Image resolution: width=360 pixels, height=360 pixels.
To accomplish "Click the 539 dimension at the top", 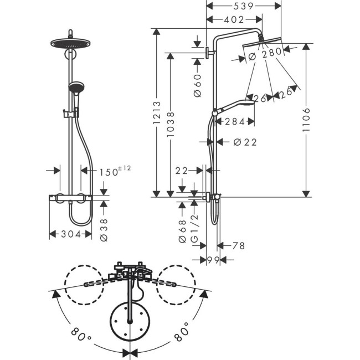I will click(x=243, y=6).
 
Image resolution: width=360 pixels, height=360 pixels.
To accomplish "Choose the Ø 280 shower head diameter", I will click(x=265, y=53).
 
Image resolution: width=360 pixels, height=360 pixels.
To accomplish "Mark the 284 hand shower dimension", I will click(x=235, y=121).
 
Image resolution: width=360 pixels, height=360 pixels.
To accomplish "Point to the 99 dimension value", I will click(x=213, y=260).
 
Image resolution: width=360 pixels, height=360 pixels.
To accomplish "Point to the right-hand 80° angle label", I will click(x=182, y=335).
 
